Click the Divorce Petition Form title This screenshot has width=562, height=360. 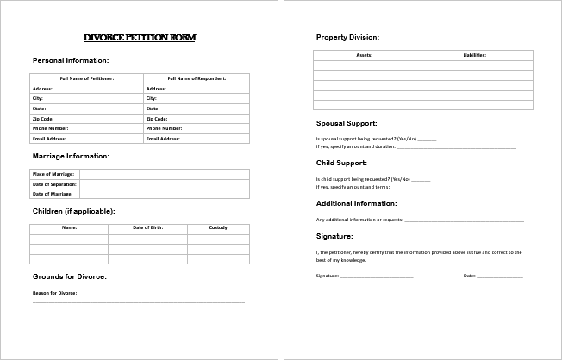click(140, 39)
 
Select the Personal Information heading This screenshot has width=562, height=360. click(71, 61)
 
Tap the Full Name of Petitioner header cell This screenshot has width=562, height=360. click(86, 78)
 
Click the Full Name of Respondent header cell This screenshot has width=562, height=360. click(197, 78)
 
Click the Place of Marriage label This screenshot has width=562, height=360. click(53, 174)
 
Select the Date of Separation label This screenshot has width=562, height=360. click(53, 184)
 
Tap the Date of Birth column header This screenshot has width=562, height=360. click(147, 227)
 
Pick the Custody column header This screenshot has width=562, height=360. click(219, 227)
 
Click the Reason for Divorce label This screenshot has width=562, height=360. click(55, 293)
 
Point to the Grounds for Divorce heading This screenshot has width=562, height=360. click(70, 276)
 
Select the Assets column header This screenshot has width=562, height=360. click(364, 54)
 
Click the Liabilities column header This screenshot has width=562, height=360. click(474, 54)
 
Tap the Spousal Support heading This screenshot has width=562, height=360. click(347, 123)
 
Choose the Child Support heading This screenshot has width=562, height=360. click(341, 163)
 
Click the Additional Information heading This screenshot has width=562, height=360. click(357, 203)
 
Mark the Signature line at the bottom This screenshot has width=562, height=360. click(377, 276)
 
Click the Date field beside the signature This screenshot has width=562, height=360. click(499, 276)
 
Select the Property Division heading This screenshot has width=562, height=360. click(347, 38)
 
